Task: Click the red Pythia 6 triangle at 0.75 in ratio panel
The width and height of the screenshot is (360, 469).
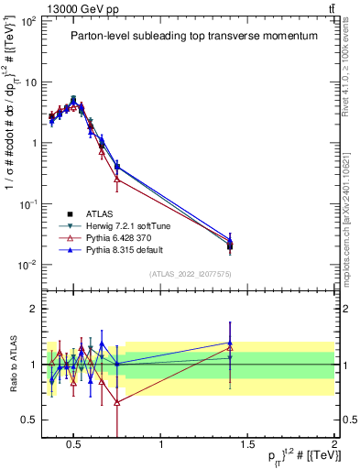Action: [x=117, y=402]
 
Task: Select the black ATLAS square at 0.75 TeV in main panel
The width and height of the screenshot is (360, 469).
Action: [x=117, y=167]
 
